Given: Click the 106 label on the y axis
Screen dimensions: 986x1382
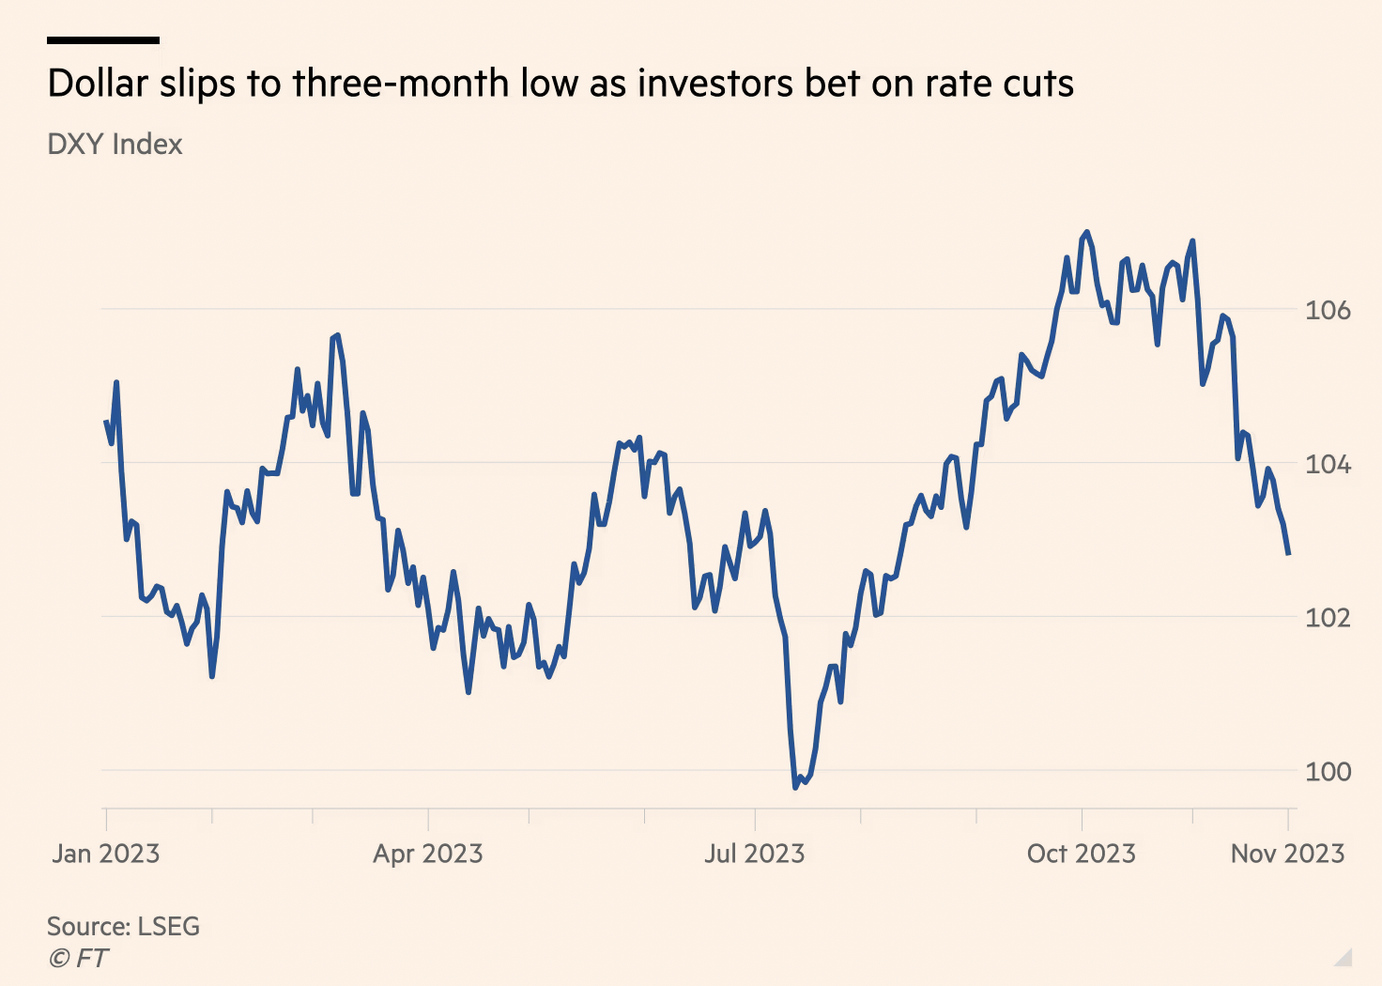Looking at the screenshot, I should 1328,310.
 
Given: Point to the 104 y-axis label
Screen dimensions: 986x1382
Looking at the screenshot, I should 1328,464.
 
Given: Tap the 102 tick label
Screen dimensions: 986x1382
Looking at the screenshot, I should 1328,618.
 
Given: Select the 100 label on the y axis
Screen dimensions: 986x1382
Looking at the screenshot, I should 1328,772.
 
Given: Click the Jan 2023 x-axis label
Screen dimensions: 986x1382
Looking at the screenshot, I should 106,854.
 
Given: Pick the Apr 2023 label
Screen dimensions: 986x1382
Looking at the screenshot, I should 428,854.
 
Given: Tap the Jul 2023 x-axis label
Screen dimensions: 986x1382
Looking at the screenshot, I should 755,854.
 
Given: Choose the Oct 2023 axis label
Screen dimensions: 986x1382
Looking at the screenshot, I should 1082,854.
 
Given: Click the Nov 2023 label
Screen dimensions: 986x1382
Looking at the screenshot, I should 1287,854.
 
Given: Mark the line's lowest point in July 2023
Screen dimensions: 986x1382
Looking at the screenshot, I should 795,786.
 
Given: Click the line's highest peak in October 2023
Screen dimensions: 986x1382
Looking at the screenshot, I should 1086,232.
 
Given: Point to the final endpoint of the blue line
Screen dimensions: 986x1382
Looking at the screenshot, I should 1288,554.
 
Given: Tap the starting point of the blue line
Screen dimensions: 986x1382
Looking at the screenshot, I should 106,422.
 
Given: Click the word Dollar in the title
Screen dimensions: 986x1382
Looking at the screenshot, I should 98,84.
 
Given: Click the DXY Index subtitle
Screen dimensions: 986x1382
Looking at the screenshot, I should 115,145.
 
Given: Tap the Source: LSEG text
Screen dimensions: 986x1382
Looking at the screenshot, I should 123,926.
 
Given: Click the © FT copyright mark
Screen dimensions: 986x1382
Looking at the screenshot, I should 78,958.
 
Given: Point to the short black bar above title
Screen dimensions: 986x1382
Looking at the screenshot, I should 103,40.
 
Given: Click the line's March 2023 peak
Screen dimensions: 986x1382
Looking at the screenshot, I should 337,335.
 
